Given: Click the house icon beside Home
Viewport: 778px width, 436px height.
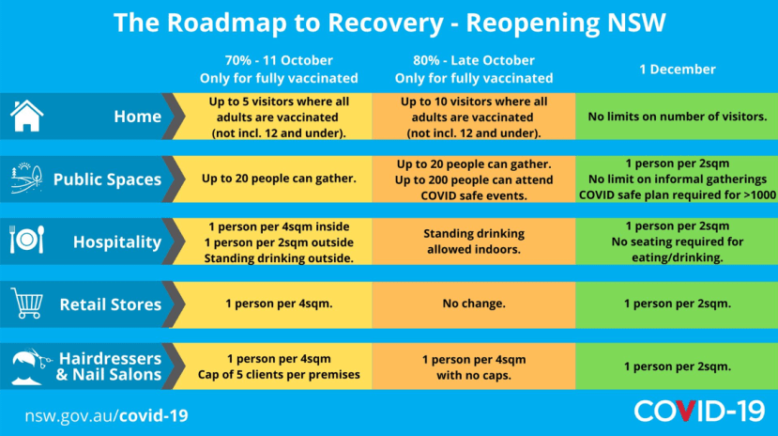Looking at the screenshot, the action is click(x=27, y=116).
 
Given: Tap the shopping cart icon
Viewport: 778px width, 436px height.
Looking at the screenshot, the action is click(x=27, y=303).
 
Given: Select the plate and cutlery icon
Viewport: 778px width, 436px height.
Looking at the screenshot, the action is click(x=27, y=240).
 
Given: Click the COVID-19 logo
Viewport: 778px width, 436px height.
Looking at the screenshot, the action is click(x=699, y=412).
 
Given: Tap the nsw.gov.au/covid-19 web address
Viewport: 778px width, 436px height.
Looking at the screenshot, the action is click(x=107, y=415).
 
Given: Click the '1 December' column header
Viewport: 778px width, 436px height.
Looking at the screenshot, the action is click(x=678, y=69).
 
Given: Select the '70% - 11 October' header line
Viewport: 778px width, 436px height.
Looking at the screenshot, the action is click(x=279, y=60).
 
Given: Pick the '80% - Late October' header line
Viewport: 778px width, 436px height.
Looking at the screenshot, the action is click(x=474, y=60).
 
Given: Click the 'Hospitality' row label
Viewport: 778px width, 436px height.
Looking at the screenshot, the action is click(x=117, y=241).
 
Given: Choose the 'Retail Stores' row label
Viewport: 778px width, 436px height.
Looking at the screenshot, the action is click(x=111, y=304).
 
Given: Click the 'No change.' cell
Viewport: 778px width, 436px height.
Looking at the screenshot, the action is click(x=474, y=304).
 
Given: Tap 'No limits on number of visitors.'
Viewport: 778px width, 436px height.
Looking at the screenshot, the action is click(x=678, y=117).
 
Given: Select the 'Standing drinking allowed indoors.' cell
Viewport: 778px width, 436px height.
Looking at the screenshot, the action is click(x=474, y=241).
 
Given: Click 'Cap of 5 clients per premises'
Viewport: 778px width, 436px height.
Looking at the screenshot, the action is click(x=279, y=374).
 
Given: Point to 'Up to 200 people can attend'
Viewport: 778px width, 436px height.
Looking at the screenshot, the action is click(x=474, y=179).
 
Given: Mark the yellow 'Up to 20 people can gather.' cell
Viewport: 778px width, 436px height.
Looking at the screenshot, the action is click(x=279, y=179).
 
